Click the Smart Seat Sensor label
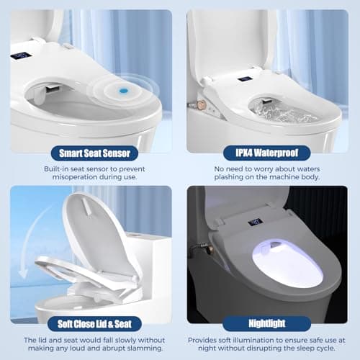click(90, 153)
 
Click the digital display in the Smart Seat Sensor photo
click(22, 55)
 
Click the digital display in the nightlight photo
click(254, 222)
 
